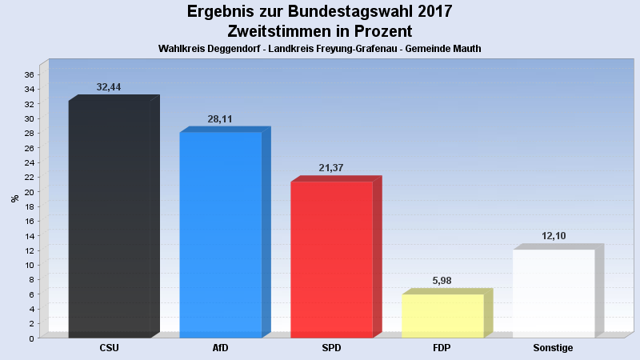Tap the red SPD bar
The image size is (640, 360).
coord(331,259)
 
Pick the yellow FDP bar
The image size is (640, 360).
coord(442,316)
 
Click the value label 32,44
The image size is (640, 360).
coord(109,87)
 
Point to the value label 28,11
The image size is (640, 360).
coord(220,119)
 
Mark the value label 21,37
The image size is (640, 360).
coord(330,168)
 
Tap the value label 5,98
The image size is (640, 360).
coord(442,281)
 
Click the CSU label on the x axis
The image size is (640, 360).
coord(110,348)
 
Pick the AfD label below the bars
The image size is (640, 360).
coord(221,348)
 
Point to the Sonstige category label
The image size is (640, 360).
coord(553,348)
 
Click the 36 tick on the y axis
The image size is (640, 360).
coord(28,74)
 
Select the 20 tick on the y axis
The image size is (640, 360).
coord(28,192)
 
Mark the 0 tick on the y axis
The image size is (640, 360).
coord(30,338)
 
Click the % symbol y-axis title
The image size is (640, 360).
coord(14,198)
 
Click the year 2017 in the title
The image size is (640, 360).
coord(431,12)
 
